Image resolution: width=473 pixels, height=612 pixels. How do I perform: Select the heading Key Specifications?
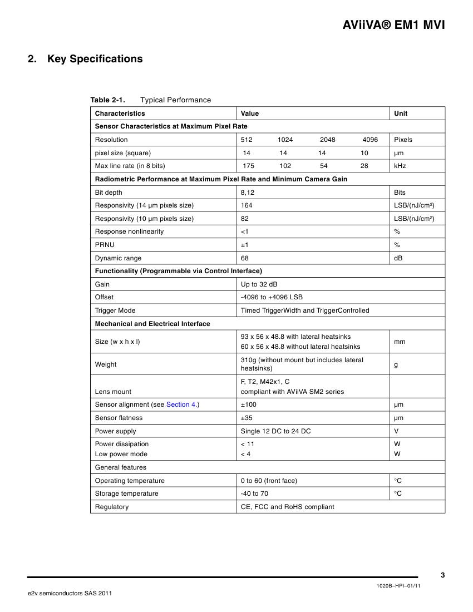pyautogui.click(x=95, y=59)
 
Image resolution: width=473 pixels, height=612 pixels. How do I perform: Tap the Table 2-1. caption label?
pyautogui.click(x=107, y=100)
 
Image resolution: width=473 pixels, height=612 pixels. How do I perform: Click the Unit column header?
pyautogui.click(x=401, y=113)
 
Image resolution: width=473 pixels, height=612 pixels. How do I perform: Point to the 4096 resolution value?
pyautogui.click(x=370, y=140)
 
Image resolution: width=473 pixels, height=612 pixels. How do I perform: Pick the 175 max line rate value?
pyautogui.click(x=249, y=166)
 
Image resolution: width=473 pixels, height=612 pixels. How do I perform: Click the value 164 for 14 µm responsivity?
pyautogui.click(x=247, y=205)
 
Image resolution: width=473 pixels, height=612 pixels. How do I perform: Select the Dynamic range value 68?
pyautogui.click(x=245, y=258)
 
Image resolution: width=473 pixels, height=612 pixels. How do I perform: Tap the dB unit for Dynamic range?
pyautogui.click(x=398, y=258)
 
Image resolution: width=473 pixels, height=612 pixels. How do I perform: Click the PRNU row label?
pyautogui.click(x=105, y=245)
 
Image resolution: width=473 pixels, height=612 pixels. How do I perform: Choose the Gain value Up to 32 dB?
pyautogui.click(x=259, y=284)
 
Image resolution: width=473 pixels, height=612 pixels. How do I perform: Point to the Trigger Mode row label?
pyautogui.click(x=115, y=310)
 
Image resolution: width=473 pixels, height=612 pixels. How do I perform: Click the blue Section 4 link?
pyautogui.click(x=181, y=404)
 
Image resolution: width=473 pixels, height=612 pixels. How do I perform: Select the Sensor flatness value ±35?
pyautogui.click(x=247, y=418)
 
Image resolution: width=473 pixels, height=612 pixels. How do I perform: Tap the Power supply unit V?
pyautogui.click(x=397, y=431)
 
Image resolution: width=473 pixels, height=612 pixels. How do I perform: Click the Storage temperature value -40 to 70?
pyautogui.click(x=254, y=493)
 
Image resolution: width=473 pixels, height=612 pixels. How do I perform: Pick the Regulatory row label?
pyautogui.click(x=112, y=507)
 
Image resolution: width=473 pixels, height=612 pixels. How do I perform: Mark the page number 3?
pyautogui.click(x=442, y=575)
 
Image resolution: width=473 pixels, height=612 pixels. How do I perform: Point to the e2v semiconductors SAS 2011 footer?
pyautogui.click(x=70, y=594)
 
